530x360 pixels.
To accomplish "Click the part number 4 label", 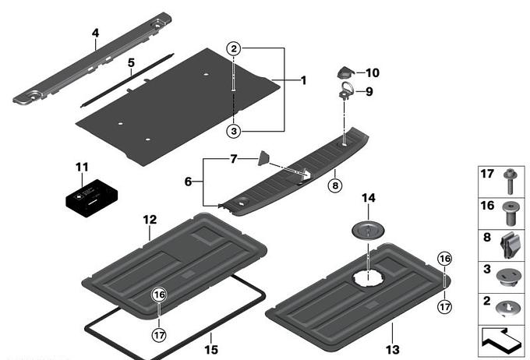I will tap(95, 34).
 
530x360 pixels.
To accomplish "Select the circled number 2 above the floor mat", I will tap(233, 49).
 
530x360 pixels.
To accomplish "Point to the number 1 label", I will tap(303, 80).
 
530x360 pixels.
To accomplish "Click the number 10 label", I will tap(372, 73).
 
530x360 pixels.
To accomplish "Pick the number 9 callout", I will tap(369, 91).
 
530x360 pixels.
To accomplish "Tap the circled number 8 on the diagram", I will tap(335, 186).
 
